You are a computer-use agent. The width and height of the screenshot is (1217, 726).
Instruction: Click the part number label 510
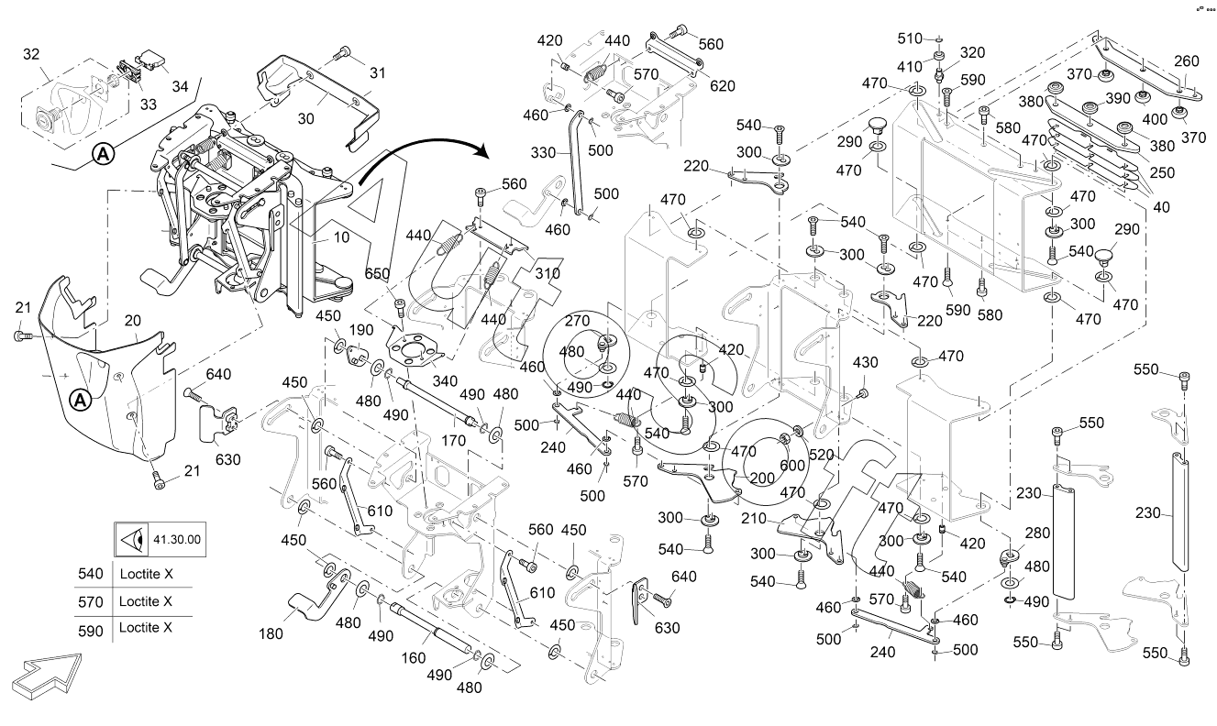[x=909, y=38]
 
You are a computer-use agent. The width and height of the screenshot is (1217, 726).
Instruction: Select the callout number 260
[x=1186, y=61]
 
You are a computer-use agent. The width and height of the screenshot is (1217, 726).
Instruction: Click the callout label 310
[x=548, y=273]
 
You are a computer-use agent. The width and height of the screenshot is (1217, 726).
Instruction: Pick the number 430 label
[x=866, y=363]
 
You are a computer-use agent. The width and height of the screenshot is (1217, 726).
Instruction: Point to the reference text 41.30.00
[x=177, y=540]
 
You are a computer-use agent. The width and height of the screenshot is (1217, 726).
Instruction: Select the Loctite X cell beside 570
[x=146, y=602]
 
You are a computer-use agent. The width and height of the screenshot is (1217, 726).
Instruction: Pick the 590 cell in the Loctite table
[x=91, y=628]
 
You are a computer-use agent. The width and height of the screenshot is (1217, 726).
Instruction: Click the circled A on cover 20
[x=81, y=400]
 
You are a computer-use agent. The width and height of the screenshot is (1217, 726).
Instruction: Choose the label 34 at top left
[x=180, y=86]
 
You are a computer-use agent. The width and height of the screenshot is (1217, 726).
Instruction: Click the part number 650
[x=377, y=273]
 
